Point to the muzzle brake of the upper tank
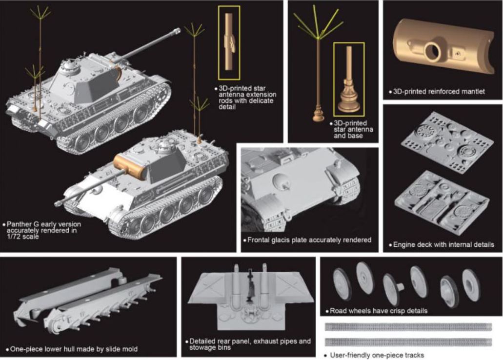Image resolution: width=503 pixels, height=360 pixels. (176, 31)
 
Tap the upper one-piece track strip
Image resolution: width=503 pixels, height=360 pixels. (408, 327)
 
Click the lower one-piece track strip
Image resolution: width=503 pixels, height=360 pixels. (408, 342)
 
